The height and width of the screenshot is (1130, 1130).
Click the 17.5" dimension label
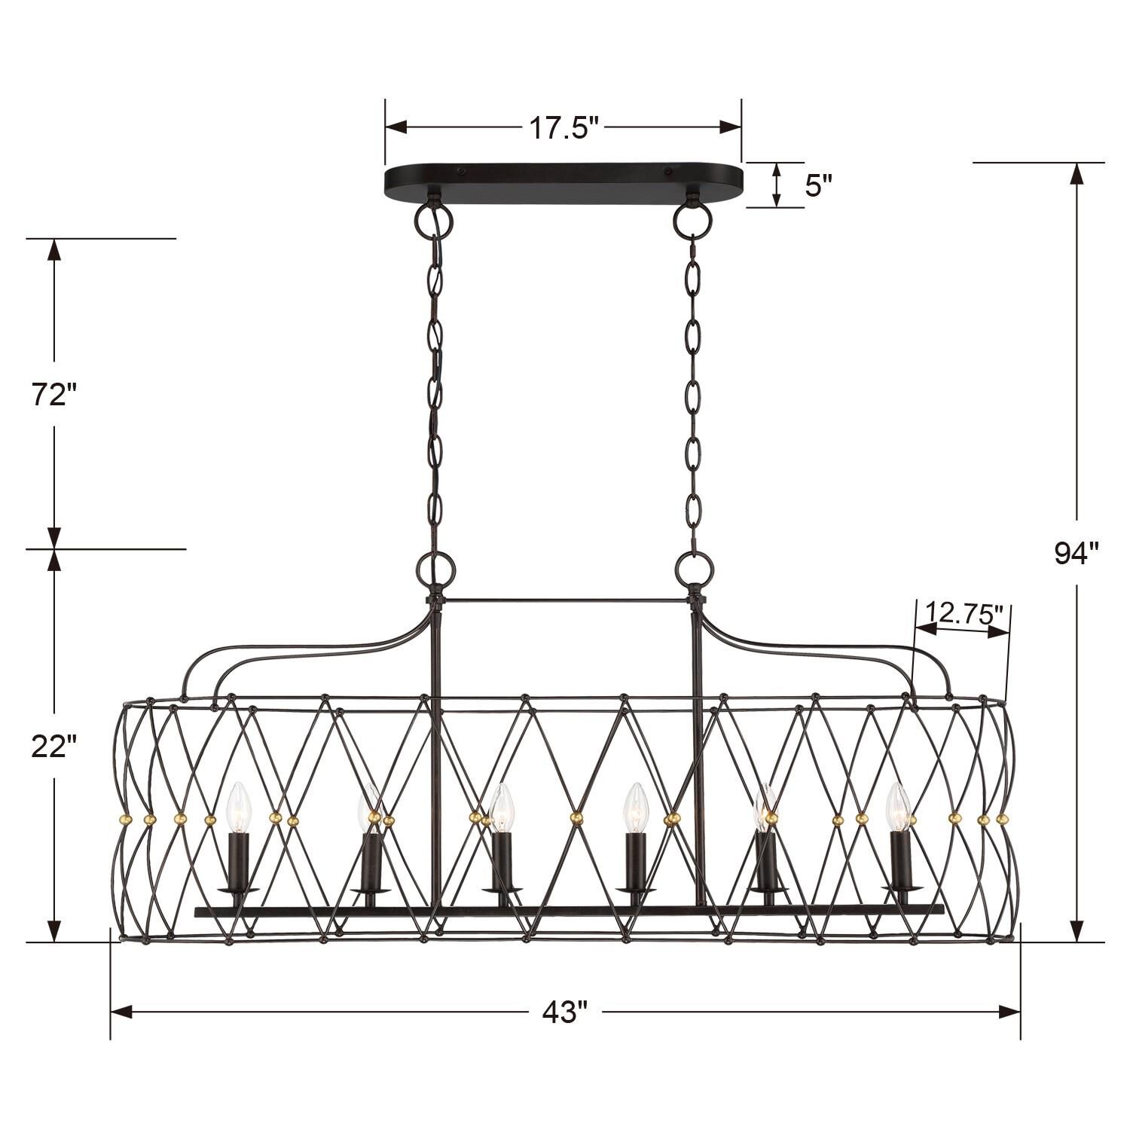[563, 128]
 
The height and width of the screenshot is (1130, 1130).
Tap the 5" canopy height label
[817, 185]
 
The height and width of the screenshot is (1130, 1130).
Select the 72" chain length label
[54, 394]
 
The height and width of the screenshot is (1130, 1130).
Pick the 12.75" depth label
[965, 612]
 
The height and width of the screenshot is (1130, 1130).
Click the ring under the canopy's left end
[433, 218]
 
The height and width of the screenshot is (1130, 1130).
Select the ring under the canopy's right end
[692, 218]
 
